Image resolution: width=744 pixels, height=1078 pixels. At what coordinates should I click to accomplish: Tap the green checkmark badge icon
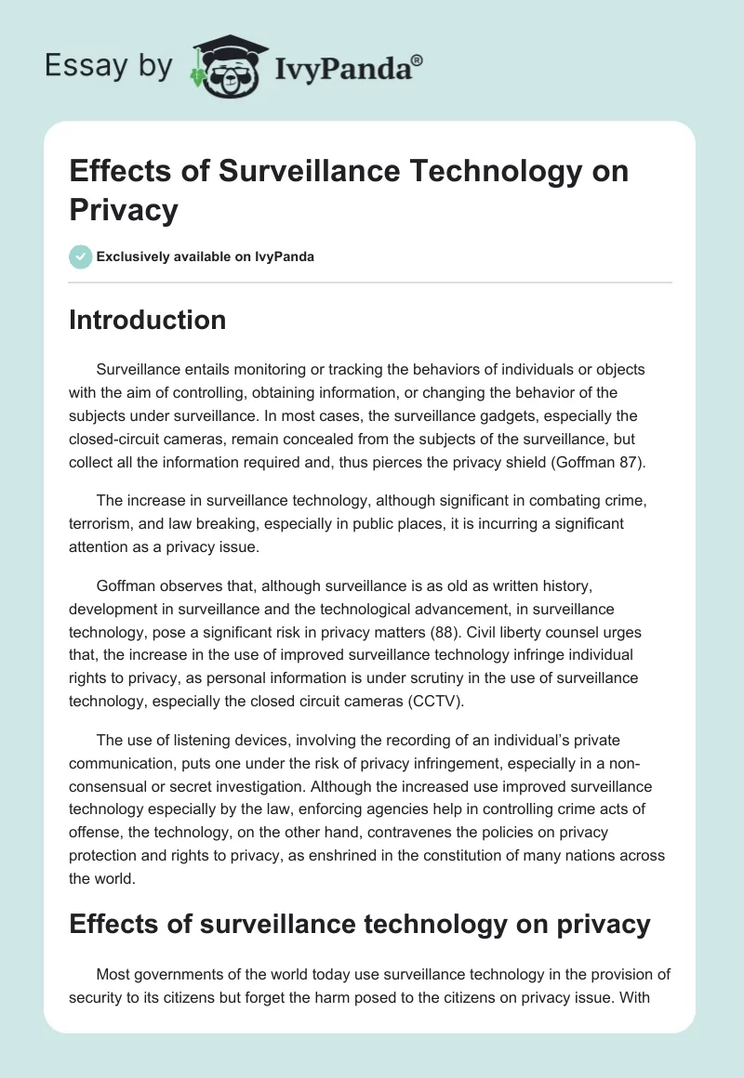pyautogui.click(x=81, y=256)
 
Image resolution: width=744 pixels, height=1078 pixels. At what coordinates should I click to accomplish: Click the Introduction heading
pyautogui.click(x=148, y=320)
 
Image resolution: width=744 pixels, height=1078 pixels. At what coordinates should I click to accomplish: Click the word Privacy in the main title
pyautogui.click(x=123, y=210)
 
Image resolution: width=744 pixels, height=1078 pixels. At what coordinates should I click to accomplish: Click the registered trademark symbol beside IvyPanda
pyautogui.click(x=418, y=60)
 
